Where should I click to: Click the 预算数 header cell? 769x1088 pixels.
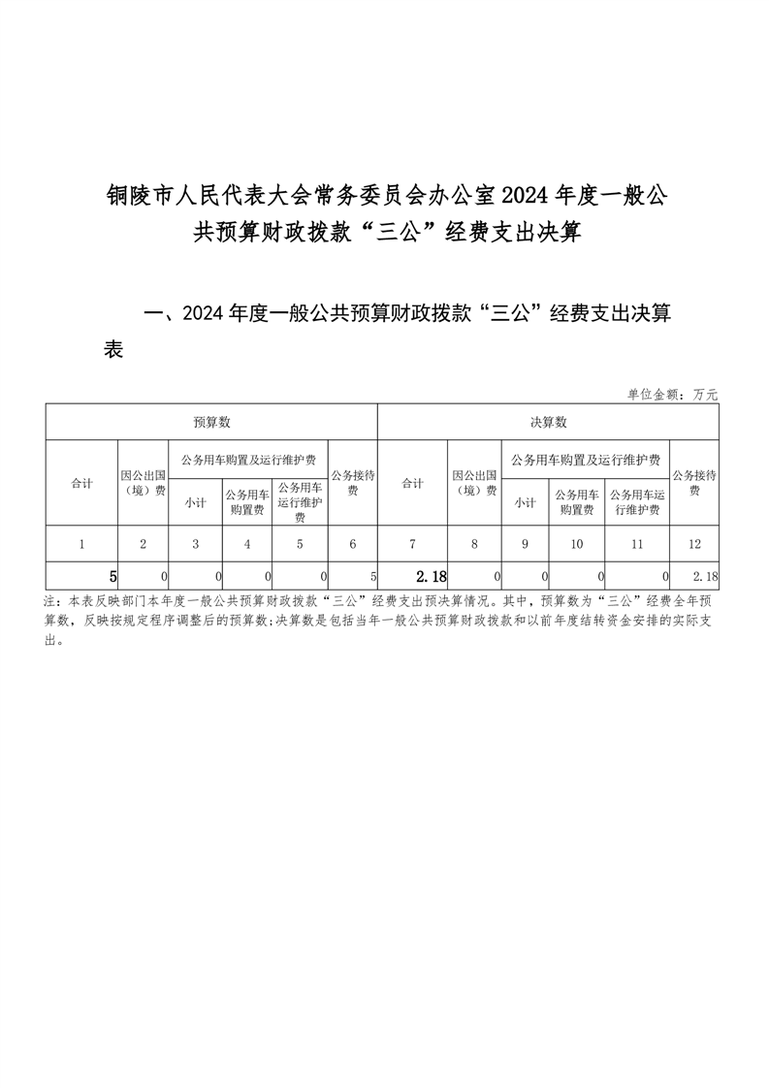[x=210, y=422]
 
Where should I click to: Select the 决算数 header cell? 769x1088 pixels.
[x=548, y=422]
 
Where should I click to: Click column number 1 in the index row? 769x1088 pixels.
[x=81, y=544]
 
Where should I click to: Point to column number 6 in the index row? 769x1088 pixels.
[x=352, y=544]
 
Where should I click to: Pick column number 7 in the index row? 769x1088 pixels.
[x=412, y=544]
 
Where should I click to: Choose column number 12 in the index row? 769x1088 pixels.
[x=694, y=544]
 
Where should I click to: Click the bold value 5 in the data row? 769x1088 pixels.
[x=112, y=577]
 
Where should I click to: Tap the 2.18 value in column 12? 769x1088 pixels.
[x=705, y=577]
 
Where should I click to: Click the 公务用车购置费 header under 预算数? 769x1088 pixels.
[x=247, y=501]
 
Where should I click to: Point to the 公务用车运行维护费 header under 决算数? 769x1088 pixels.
[x=636, y=501]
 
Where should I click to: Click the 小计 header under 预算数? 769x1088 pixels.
[x=195, y=502]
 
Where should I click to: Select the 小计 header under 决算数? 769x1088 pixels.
[x=525, y=502]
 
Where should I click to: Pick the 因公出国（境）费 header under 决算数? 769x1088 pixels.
[x=474, y=483]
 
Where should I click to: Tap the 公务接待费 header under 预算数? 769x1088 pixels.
[x=352, y=483]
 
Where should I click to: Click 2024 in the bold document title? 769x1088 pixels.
[x=525, y=197]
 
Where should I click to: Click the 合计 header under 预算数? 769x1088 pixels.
[x=81, y=483]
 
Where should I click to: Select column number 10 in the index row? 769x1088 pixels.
[x=577, y=544]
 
